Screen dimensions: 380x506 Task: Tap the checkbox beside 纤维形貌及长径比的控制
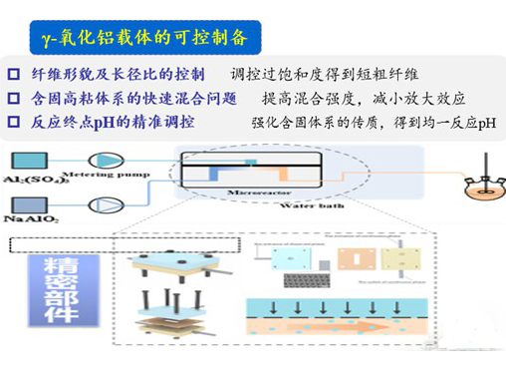(x=13, y=74)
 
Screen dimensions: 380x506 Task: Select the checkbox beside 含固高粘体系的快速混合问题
(x=13, y=98)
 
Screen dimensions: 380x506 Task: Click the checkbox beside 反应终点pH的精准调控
(x=13, y=123)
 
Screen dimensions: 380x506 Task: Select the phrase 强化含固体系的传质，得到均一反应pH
(x=374, y=123)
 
